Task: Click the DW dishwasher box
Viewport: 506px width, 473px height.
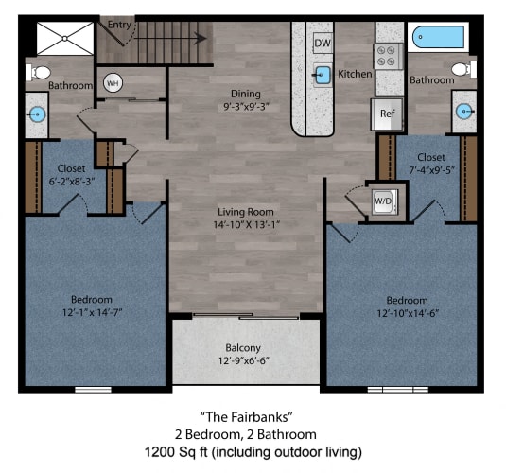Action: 322,43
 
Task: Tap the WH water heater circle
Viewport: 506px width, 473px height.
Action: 113,83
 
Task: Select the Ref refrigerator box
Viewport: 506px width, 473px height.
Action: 387,114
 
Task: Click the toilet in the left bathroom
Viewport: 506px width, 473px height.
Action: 41,71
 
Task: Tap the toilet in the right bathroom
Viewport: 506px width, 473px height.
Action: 461,69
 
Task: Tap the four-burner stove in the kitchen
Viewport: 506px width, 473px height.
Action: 389,55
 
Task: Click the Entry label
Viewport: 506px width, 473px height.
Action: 120,25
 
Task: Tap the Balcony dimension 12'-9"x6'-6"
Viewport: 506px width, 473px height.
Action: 245,360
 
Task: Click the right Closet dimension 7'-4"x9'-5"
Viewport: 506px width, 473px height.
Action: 430,172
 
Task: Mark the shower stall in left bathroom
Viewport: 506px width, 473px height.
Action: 64,39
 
